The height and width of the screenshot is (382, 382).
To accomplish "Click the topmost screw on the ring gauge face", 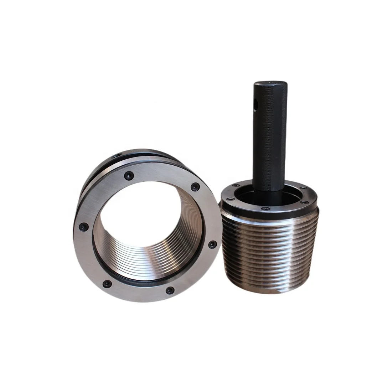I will pos(129,176).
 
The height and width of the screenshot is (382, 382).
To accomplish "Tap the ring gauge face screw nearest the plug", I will pos(212,244).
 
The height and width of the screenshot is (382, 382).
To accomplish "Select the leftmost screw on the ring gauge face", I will pos(83,226).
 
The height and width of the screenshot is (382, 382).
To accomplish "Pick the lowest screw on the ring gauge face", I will pos(170,290).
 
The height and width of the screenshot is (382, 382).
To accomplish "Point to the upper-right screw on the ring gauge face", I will pos(195,187).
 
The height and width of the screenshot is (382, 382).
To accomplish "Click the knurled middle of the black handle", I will pos(270,143).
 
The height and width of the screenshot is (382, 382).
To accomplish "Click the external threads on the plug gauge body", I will pos(271,253).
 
